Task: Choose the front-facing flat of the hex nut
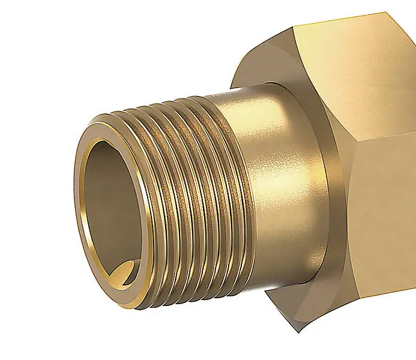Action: coord(384,228)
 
